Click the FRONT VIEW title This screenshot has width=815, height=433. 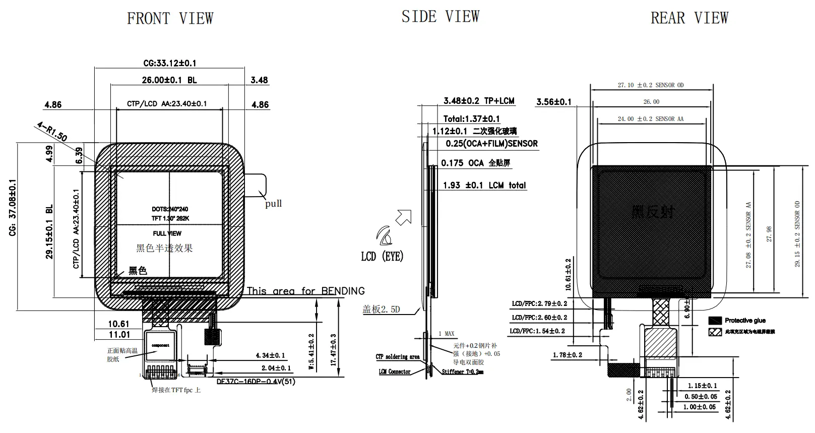[x=170, y=19]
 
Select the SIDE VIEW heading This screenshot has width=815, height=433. [x=440, y=17]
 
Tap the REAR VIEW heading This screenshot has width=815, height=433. [x=689, y=18]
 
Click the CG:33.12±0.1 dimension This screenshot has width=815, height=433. [x=170, y=63]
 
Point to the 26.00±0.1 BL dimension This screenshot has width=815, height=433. [x=169, y=80]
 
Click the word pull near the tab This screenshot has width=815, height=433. [x=273, y=204]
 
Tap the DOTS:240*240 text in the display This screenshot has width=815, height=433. [x=170, y=209]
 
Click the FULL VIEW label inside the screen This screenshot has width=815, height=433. [x=167, y=233]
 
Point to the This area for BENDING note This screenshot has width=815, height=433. [x=305, y=291]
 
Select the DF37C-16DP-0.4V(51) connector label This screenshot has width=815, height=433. [x=256, y=382]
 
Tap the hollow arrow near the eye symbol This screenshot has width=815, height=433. [x=404, y=217]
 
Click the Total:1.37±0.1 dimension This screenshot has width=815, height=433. [x=471, y=119]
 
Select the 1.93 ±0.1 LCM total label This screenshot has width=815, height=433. [x=484, y=185]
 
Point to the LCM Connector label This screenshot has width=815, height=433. [x=394, y=372]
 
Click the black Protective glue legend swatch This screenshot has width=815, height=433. [x=715, y=321]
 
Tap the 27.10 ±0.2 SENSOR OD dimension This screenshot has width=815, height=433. [x=651, y=85]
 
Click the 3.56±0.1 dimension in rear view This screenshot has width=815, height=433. [x=553, y=102]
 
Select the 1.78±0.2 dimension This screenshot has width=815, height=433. [x=567, y=355]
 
